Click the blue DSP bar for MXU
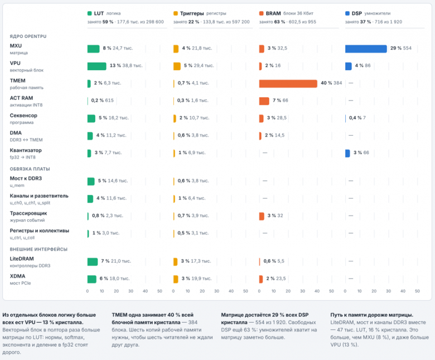366,49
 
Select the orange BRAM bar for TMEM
288,84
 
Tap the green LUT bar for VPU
97,66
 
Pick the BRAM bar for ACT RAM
264,101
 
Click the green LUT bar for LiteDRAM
93,261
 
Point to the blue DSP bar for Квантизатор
347,153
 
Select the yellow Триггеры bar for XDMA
176,279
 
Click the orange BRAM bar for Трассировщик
262,216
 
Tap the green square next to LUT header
89,13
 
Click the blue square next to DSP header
347,13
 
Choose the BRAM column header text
273,13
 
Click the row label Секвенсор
23,116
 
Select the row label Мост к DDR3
26,178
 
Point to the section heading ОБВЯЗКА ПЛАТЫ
30,169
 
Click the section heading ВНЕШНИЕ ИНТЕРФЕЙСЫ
38,249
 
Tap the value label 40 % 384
331,83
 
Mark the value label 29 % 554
401,48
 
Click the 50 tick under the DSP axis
417,291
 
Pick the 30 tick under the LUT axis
130,291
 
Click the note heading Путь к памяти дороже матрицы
372,315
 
